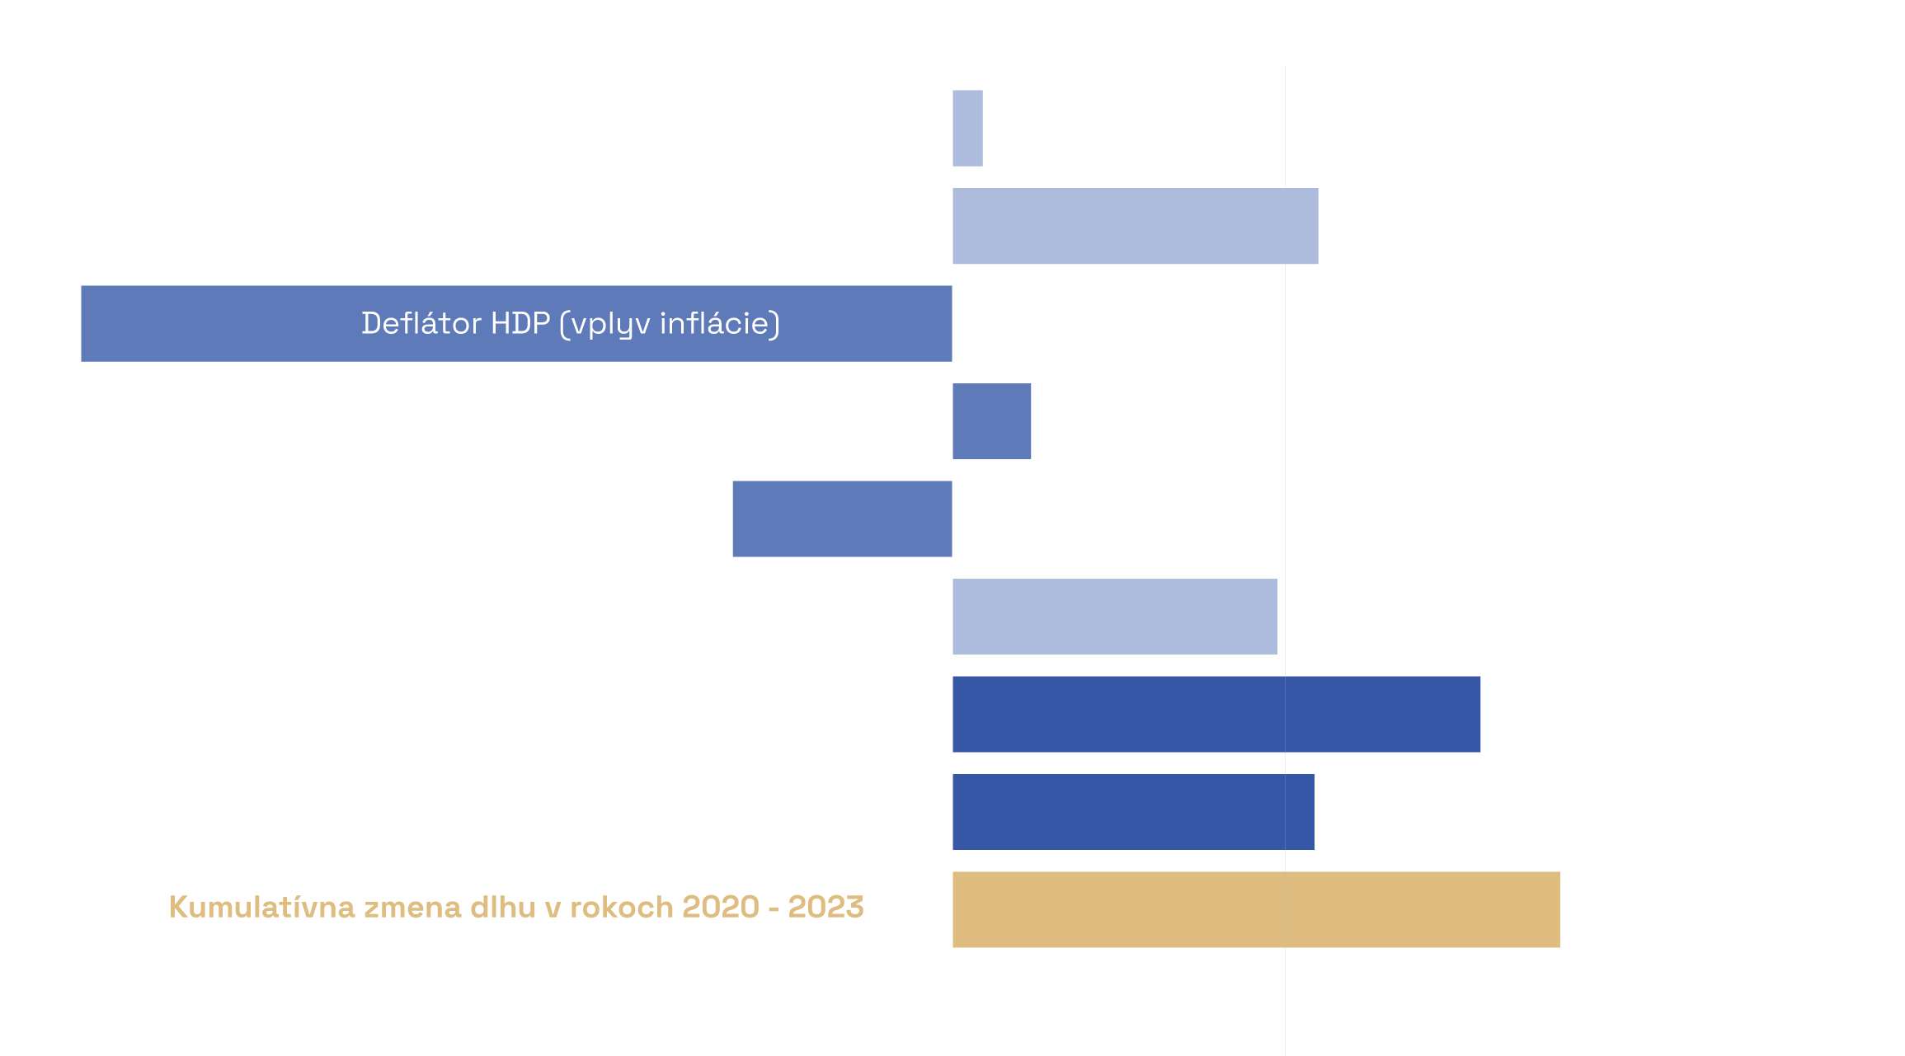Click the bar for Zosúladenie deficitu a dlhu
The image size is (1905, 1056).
(x=967, y=128)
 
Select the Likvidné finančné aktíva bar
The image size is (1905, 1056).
(x=1135, y=227)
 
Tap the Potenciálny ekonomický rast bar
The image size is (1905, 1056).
(x=842, y=519)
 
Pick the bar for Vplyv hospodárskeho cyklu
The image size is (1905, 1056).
(x=991, y=421)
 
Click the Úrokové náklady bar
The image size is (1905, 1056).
(x=1114, y=617)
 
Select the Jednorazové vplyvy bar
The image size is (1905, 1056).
(x=1216, y=715)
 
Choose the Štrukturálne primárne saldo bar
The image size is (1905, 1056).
(x=1133, y=812)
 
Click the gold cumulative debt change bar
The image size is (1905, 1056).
(x=1255, y=910)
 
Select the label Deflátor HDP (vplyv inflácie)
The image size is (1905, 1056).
(x=571, y=323)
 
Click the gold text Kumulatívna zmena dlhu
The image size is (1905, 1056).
(x=516, y=908)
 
